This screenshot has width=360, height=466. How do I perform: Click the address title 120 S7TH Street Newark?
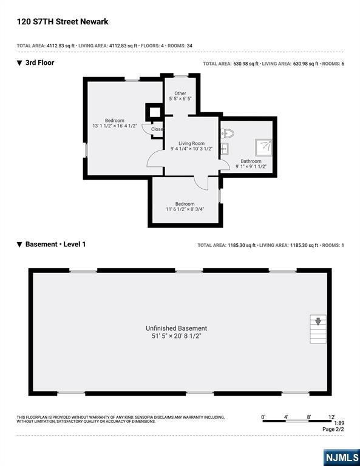pyautogui.click(x=63, y=22)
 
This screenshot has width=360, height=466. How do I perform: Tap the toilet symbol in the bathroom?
pyautogui.click(x=228, y=133)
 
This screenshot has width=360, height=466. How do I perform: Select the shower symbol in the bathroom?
pyautogui.click(x=263, y=147)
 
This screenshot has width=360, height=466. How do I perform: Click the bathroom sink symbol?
pyautogui.click(x=225, y=149)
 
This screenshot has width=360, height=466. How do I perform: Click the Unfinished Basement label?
pyautogui.click(x=176, y=328)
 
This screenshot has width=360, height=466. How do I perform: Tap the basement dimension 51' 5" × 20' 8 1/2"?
pyautogui.click(x=176, y=336)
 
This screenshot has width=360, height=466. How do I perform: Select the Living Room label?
pyautogui.click(x=191, y=143)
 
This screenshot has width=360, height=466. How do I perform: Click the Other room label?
pyautogui.click(x=180, y=93)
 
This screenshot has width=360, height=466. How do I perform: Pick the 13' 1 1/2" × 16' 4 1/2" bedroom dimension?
pyautogui.click(x=114, y=126)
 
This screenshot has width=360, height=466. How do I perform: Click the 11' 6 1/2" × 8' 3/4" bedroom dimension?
pyautogui.click(x=185, y=209)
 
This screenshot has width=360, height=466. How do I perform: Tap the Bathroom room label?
pyautogui.click(x=251, y=161)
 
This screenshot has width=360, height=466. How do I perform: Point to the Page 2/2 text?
pyautogui.click(x=333, y=430)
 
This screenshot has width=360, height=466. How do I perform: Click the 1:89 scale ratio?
pyautogui.click(x=339, y=423)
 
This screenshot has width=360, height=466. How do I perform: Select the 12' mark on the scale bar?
pyautogui.click(x=331, y=417)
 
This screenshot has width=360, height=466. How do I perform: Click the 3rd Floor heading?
pyautogui.click(x=39, y=62)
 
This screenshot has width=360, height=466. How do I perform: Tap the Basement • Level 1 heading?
pyautogui.click(x=55, y=245)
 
